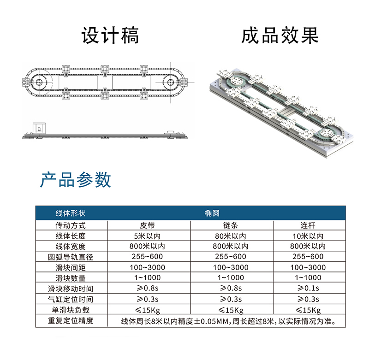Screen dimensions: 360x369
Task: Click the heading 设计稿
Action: tap(110, 35)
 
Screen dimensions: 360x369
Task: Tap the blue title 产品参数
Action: tap(76, 179)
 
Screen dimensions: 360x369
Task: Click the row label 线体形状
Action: tap(71, 213)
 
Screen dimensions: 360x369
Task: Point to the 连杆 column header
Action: tap(308, 226)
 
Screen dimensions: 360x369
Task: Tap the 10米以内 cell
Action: tap(308, 236)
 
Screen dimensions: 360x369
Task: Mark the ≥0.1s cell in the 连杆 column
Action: tap(308, 289)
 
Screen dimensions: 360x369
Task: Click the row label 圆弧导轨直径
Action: tap(71, 257)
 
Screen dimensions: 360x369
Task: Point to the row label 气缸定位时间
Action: tap(71, 299)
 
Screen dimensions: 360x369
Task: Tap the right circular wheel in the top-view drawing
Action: tap(171, 83)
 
